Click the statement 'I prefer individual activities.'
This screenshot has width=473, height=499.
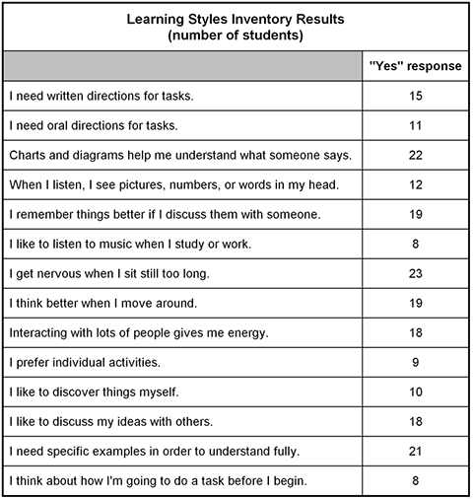(84, 362)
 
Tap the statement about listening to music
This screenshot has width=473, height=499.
(122, 244)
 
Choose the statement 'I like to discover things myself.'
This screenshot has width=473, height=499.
(93, 392)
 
